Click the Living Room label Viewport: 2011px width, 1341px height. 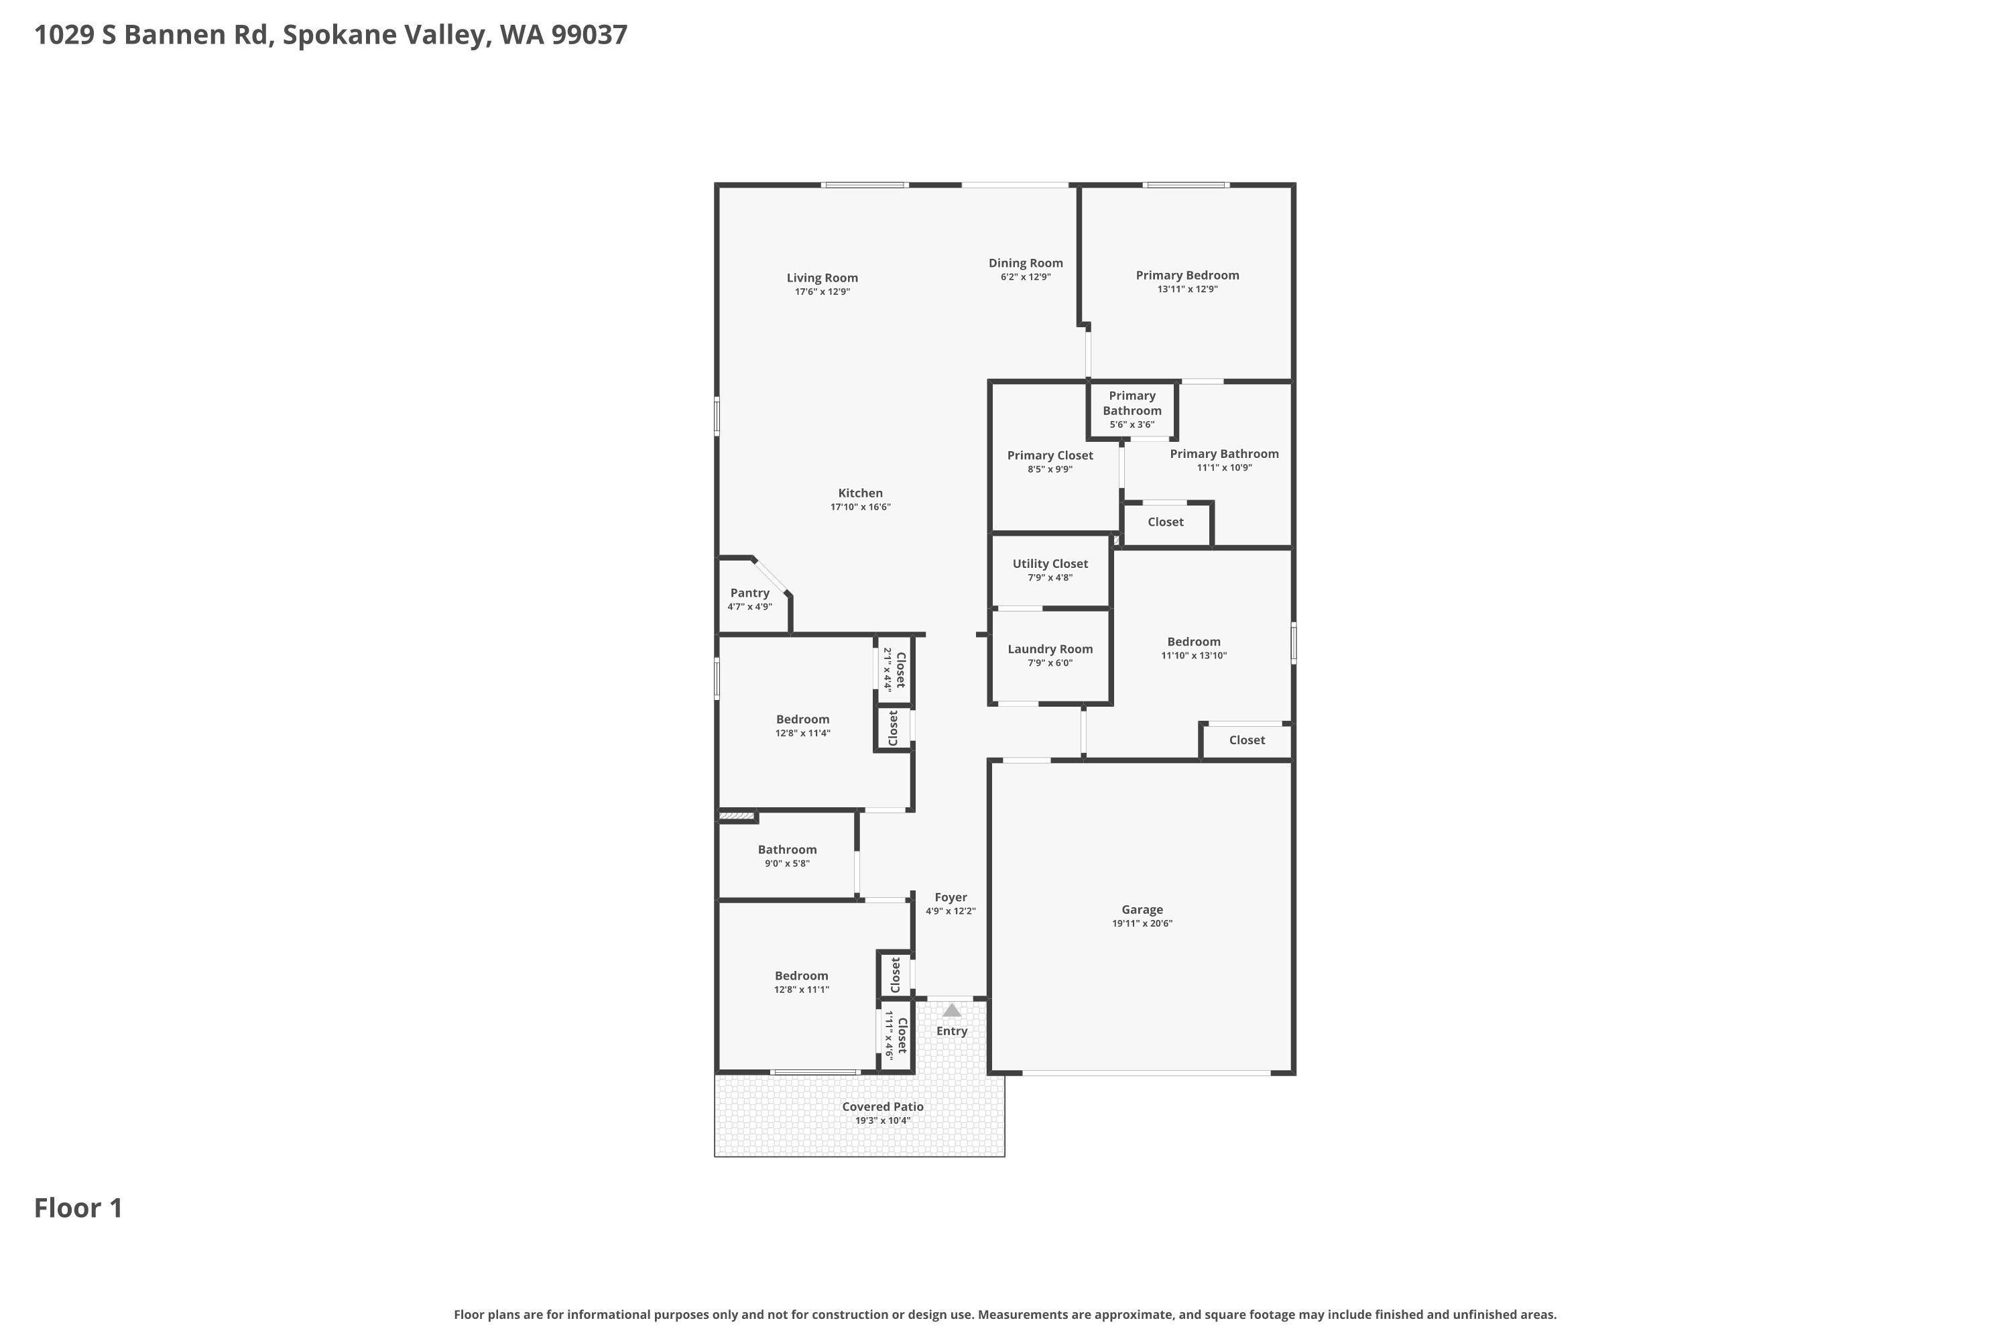click(x=822, y=278)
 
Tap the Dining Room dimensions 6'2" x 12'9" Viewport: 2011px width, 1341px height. click(x=1025, y=277)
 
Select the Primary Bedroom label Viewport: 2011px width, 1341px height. click(x=1186, y=276)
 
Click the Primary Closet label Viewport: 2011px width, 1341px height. click(x=1049, y=456)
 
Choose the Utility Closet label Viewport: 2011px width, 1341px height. click(x=1050, y=564)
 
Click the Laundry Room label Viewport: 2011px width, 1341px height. click(x=1050, y=649)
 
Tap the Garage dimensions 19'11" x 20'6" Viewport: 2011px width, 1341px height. click(x=1142, y=924)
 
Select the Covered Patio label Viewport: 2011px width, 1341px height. click(x=882, y=1107)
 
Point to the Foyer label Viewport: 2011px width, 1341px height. click(x=950, y=897)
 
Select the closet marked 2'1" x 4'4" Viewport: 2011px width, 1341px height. click(x=894, y=670)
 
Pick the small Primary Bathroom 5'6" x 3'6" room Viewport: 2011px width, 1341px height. click(x=1132, y=410)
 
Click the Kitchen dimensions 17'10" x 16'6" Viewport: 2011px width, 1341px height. click(x=860, y=507)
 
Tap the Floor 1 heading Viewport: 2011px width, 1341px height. click(x=78, y=1208)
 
